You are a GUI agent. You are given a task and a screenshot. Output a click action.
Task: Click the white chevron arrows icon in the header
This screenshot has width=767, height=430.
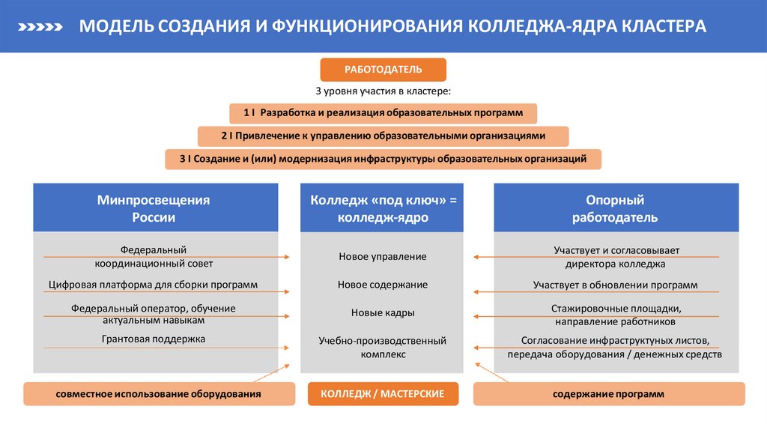pos(38,27)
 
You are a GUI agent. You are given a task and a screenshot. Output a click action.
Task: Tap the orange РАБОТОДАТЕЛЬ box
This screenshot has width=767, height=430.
pos(383,70)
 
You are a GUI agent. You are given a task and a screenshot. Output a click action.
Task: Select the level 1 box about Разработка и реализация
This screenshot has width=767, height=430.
pos(383,113)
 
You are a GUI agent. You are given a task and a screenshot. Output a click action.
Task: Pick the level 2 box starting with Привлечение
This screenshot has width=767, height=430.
pos(383,136)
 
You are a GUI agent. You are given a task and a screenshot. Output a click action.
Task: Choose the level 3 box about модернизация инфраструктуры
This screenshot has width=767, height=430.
pos(383,159)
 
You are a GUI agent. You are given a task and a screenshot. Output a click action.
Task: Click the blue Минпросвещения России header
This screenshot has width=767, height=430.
pos(153,208)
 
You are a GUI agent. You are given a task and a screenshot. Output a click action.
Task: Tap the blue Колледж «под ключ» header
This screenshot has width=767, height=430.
pos(383,208)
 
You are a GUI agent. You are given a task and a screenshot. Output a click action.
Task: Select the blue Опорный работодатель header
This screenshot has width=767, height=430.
pos(615,208)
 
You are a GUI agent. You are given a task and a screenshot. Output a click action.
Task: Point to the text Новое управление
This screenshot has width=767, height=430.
pos(383,257)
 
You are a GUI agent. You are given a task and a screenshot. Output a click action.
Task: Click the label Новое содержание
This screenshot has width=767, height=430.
pos(383,285)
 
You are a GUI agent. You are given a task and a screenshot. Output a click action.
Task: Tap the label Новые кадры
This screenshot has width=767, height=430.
pos(383,312)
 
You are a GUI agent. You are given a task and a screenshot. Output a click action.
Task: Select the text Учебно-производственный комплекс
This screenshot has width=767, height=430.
pos(383,348)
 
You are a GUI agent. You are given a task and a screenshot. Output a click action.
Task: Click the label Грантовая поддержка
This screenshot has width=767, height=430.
pos(153,339)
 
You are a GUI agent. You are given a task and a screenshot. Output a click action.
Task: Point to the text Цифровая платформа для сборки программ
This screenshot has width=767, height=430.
pos(153,285)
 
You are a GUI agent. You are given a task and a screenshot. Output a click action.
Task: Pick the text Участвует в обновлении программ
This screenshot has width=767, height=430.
pos(615,285)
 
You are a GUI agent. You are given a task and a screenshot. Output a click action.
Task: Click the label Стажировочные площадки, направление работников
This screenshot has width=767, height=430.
pos(615,315)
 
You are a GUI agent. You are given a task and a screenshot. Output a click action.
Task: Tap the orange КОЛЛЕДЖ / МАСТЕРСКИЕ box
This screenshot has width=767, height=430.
pos(383,393)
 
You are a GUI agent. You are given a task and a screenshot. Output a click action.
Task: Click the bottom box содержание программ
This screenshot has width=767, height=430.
pos(608,393)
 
